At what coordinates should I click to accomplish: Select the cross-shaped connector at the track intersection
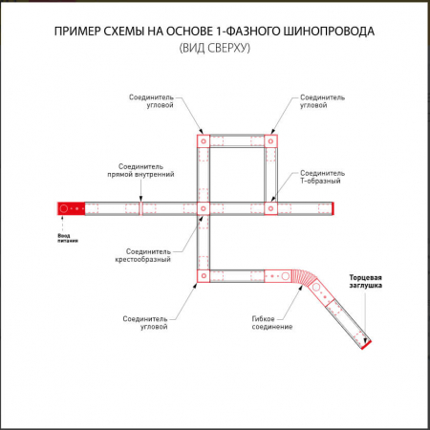[x=203, y=207]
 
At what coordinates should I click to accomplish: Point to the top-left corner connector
[x=203, y=140]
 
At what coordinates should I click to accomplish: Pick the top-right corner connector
[x=271, y=140]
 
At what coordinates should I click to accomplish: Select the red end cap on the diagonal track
[x=368, y=343]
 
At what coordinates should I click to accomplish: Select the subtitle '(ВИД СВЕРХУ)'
[x=215, y=49]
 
